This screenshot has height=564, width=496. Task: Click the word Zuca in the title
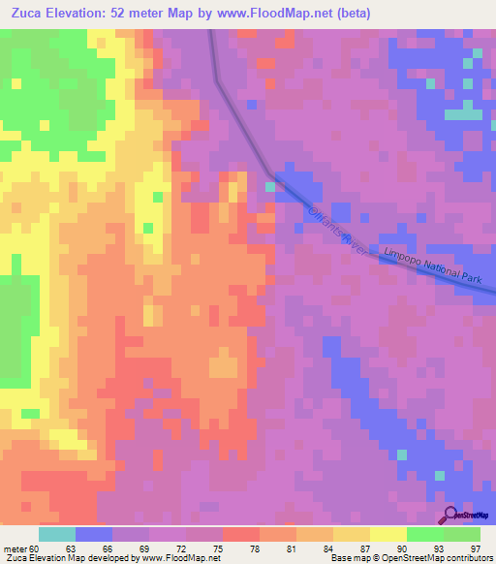point(26,14)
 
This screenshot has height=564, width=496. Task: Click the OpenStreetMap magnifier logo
point(448,516)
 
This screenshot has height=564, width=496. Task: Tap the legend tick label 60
point(38,548)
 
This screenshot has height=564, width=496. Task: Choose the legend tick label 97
point(475,548)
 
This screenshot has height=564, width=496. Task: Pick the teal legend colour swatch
point(57,534)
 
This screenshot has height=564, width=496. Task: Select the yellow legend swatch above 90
point(388,534)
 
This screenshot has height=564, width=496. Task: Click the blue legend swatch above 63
point(94,534)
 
